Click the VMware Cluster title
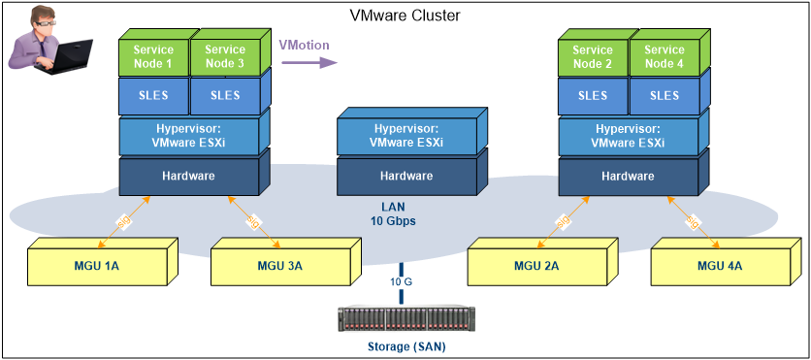tap(405, 16)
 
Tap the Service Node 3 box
tap(225, 57)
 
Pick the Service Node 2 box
tap(592, 57)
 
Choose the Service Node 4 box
tap(665, 57)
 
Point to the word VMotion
tap(304, 45)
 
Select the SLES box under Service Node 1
tap(151, 96)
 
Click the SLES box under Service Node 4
tap(665, 96)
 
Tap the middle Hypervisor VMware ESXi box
tap(405, 135)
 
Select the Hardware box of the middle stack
tap(405, 177)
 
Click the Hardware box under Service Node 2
tap(627, 177)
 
